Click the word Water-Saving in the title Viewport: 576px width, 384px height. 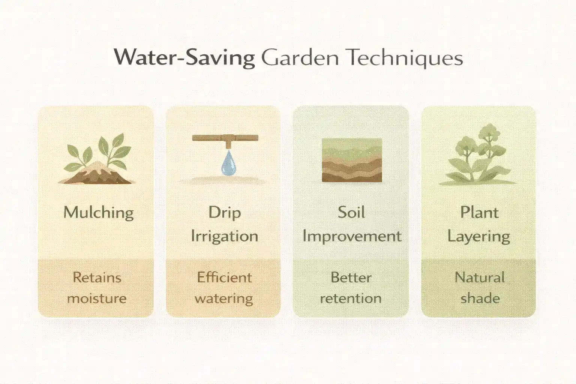coord(184,58)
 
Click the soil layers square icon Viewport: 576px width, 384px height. coord(352,160)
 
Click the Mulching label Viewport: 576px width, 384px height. coord(98,213)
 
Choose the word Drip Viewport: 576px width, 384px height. coord(224,213)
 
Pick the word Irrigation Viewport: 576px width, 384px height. coord(224,236)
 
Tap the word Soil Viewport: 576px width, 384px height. coord(351,212)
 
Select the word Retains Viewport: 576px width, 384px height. coord(97,277)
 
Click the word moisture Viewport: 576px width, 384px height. coord(97,298)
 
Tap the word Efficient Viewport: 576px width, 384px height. coord(224,277)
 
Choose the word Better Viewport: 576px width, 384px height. coord(351,277)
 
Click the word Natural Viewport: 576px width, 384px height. coord(479,277)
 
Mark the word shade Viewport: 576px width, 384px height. coord(480,298)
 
